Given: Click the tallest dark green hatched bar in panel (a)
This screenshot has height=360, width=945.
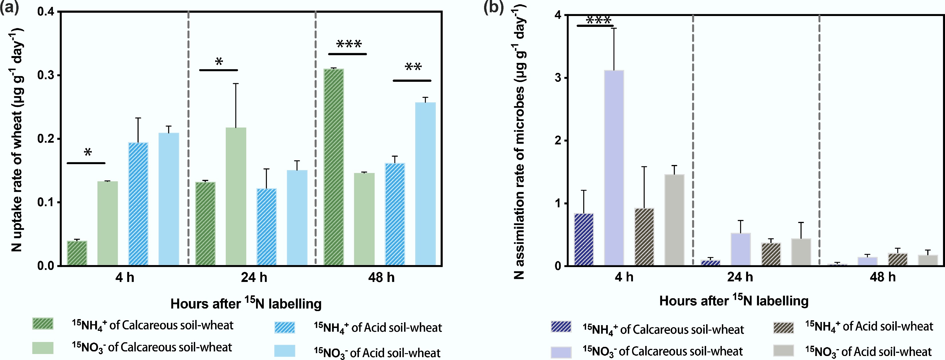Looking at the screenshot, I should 333,167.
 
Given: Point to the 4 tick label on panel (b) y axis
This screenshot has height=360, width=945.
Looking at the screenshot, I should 558,15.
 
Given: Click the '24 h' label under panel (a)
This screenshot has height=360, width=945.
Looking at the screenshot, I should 254,277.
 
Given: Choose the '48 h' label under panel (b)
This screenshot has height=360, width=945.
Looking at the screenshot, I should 882,277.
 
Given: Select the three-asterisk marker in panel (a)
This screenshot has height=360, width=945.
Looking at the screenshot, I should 349,44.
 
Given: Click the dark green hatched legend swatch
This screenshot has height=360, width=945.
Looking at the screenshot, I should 43,324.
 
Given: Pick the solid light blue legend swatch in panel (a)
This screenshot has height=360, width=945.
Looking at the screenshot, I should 285,351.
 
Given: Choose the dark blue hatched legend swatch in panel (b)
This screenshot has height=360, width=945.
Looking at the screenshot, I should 561,327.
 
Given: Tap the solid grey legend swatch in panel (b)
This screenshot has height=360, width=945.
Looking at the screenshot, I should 783,351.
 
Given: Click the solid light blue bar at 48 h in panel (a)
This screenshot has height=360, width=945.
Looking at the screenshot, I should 425,184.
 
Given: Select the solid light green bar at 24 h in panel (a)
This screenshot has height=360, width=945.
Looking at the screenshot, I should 236,196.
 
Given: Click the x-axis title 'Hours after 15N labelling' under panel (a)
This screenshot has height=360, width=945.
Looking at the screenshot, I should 246,303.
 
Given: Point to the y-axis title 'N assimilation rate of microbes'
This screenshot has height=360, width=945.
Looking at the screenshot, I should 520,147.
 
